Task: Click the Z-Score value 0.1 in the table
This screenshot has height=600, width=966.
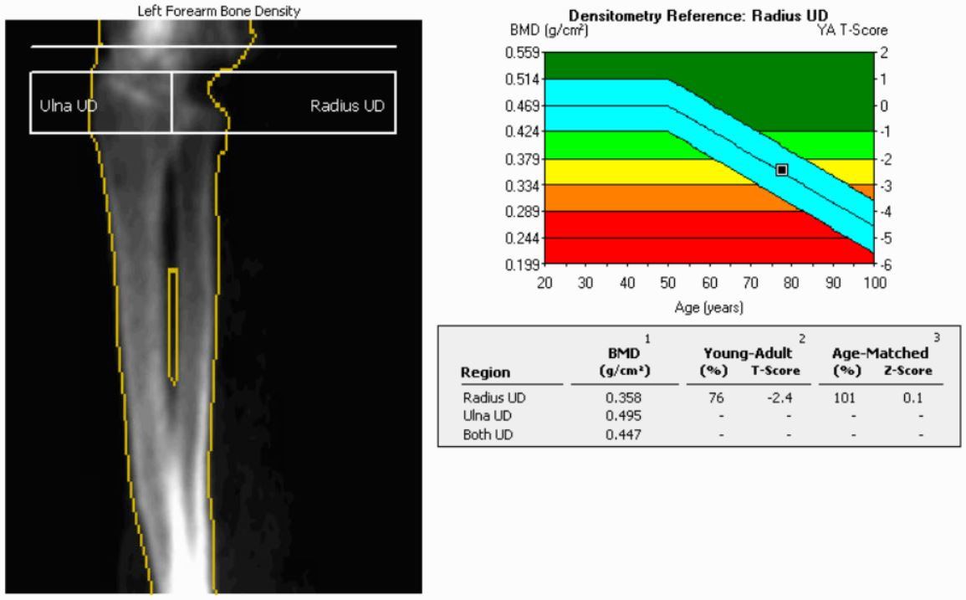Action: point(912,399)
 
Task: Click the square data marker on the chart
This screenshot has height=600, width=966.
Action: point(782,170)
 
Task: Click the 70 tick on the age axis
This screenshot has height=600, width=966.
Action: point(751,283)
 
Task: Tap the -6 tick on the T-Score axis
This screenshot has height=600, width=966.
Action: point(882,265)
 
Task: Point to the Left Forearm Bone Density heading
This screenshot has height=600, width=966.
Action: point(218,10)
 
